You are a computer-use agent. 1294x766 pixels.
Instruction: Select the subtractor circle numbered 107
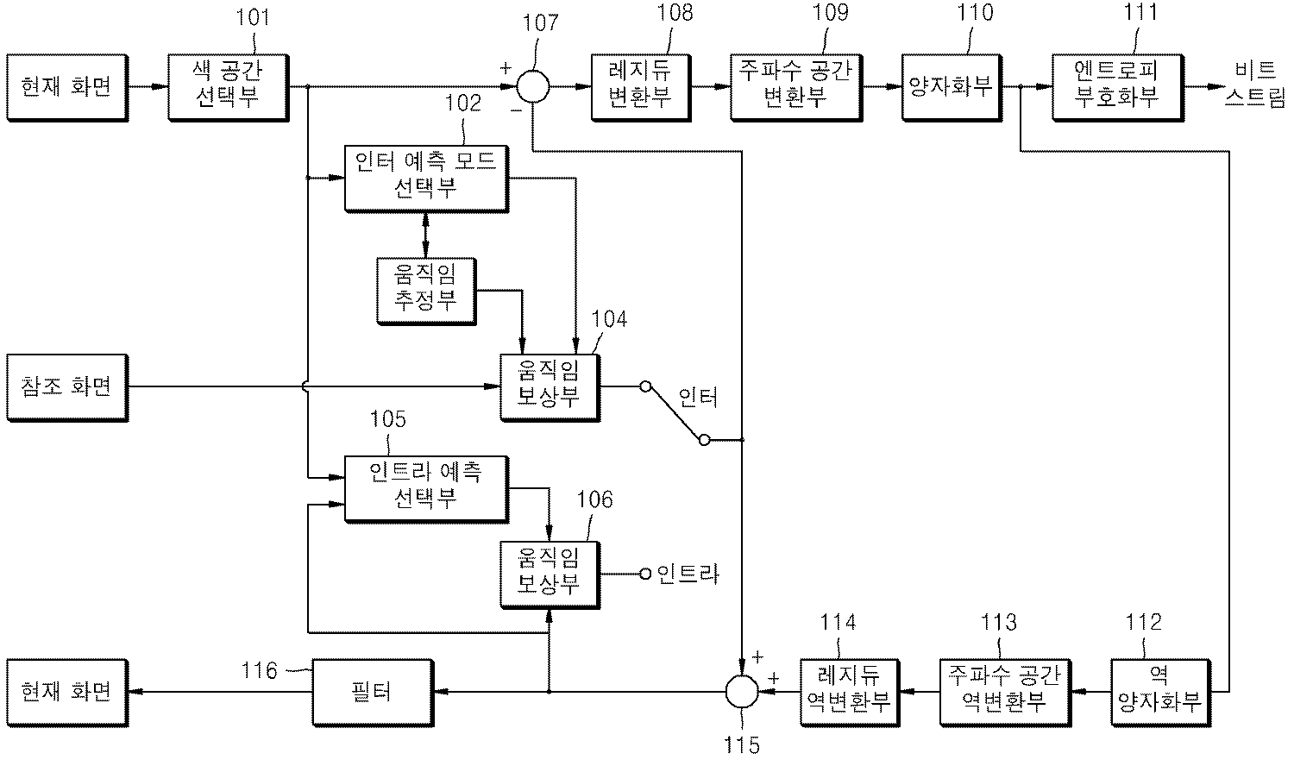[x=533, y=86]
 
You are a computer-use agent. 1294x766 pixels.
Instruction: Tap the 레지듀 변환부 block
[x=640, y=86]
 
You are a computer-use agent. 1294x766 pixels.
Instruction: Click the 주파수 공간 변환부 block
[x=795, y=86]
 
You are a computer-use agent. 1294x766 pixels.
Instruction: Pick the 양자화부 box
[x=950, y=86]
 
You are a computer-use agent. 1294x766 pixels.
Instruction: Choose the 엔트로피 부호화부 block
[x=1116, y=86]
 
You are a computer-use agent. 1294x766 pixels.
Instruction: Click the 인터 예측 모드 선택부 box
[x=425, y=177]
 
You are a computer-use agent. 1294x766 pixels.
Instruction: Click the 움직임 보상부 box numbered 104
[x=549, y=386]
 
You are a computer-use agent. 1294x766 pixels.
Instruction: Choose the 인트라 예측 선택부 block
[x=425, y=488]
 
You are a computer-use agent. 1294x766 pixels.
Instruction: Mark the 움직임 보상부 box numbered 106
[x=549, y=574]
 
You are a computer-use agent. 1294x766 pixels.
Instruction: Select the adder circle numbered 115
[x=741, y=691]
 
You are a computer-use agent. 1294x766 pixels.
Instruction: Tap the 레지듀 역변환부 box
[x=847, y=691]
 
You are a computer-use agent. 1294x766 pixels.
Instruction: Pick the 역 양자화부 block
[x=1159, y=691]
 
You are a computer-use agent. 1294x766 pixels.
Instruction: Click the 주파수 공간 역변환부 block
[x=1003, y=691]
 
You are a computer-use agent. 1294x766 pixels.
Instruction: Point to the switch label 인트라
[x=688, y=574]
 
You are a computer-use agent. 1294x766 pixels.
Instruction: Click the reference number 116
[x=259, y=670]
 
